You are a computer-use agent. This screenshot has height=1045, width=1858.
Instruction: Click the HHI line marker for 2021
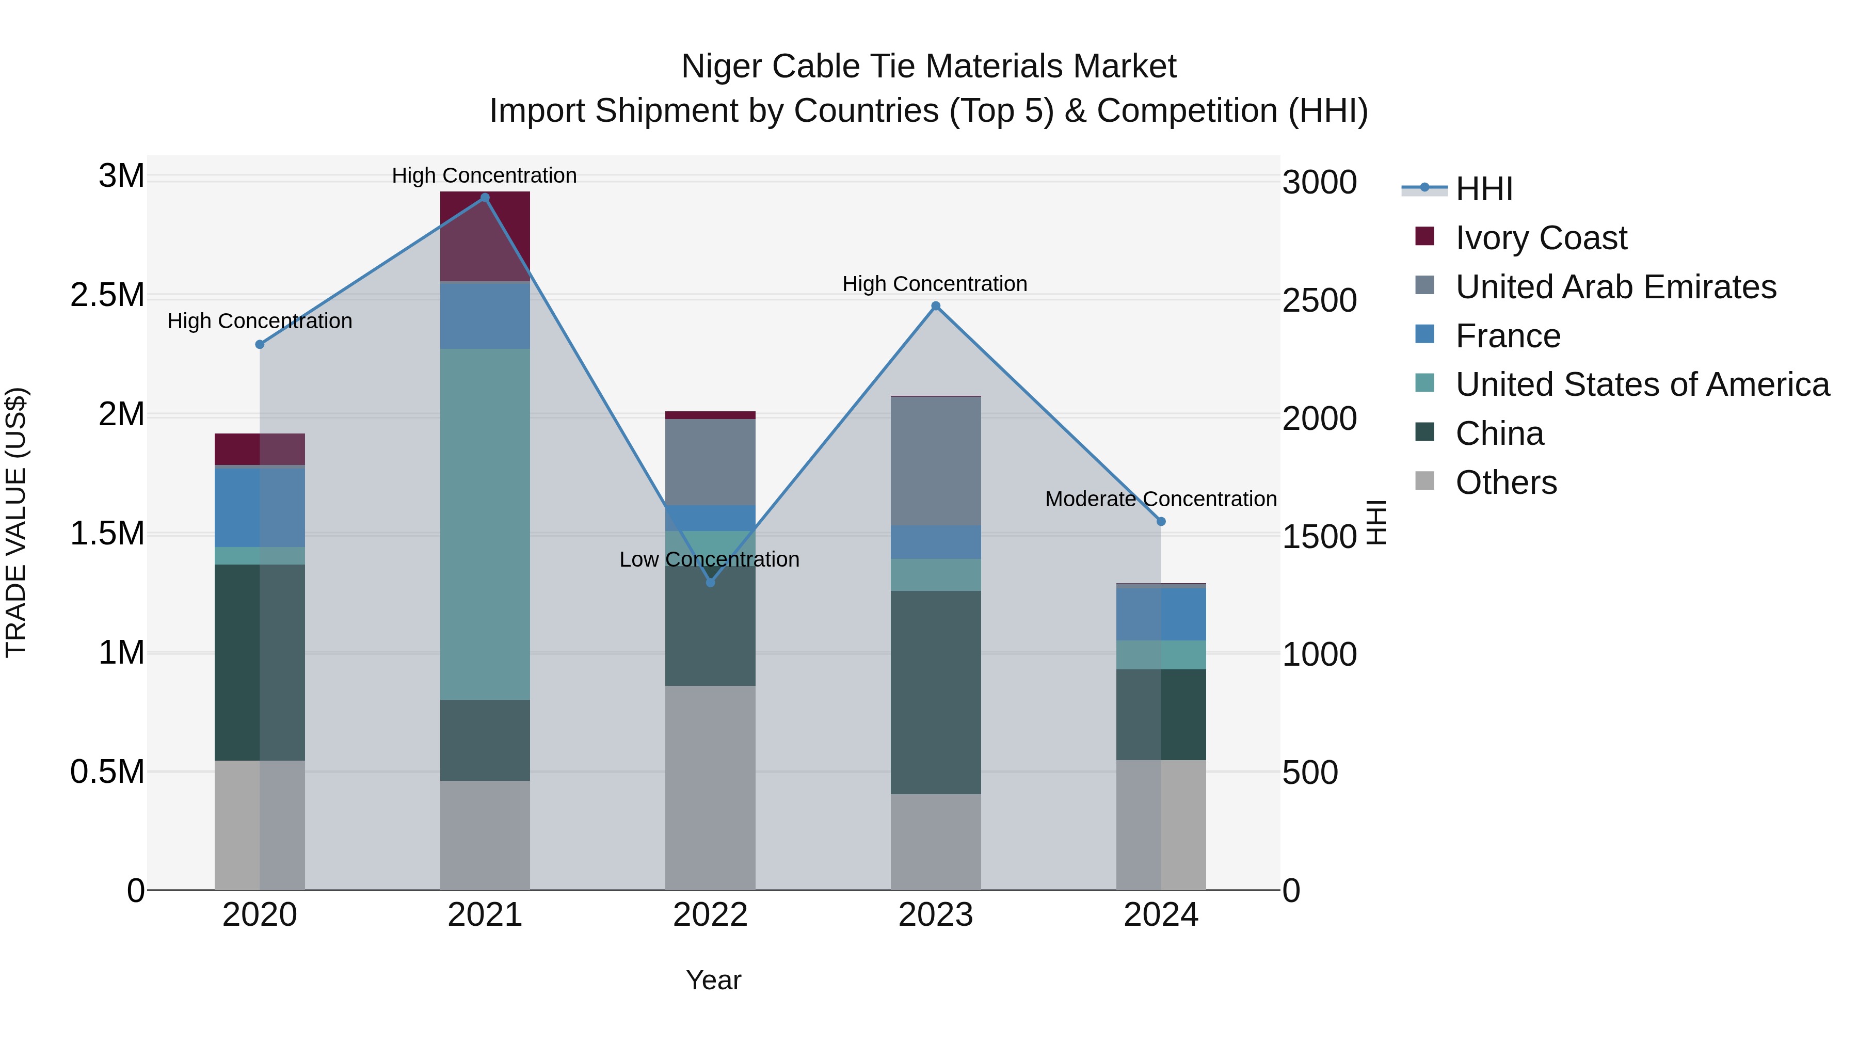(485, 198)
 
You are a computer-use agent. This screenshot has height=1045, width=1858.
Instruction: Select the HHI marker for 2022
(711, 582)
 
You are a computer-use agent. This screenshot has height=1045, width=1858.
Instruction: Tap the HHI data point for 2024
(1161, 521)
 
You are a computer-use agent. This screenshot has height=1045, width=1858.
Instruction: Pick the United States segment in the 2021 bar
(485, 524)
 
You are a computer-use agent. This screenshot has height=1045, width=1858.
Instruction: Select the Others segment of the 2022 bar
(711, 787)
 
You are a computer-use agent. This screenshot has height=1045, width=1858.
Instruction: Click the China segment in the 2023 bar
(936, 693)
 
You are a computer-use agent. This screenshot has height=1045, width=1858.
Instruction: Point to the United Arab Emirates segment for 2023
(936, 461)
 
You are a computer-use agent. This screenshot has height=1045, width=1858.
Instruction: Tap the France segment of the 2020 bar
(260, 507)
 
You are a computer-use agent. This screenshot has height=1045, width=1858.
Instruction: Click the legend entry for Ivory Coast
(1541, 238)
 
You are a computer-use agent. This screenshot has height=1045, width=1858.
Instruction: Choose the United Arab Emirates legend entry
(1615, 287)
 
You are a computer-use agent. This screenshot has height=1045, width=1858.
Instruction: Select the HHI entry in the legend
(1484, 189)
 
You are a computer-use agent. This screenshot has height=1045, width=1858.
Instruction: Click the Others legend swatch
(1424, 481)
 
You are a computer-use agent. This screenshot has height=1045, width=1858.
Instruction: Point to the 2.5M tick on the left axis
(107, 296)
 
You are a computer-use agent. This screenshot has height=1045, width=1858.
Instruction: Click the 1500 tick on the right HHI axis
(1319, 537)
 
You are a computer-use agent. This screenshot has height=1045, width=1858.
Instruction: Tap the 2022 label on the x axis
(711, 915)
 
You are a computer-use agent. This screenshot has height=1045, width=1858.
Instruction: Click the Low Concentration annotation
(709, 559)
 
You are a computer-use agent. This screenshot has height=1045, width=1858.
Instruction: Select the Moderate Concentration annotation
(1161, 499)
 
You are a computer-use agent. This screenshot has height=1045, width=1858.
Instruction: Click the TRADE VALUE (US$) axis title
(16, 522)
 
